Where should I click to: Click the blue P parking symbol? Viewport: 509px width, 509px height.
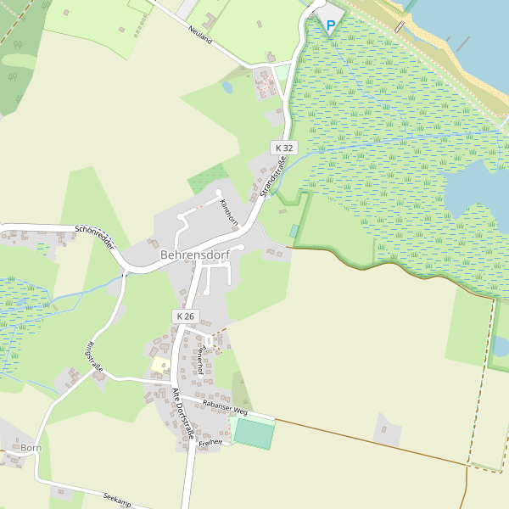[330, 25]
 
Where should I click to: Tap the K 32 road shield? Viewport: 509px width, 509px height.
[283, 148]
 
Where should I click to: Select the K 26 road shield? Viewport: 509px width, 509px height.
[184, 316]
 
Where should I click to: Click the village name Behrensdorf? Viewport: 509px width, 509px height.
[194, 254]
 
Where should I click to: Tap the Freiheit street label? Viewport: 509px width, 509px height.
[210, 443]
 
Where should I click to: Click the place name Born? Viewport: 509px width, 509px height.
[31, 447]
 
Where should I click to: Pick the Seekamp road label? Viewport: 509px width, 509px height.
[117, 500]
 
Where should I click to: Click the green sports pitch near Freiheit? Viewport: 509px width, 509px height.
[253, 433]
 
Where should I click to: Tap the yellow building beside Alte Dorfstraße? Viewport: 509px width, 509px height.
[160, 364]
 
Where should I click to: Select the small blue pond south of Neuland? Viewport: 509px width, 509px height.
[227, 87]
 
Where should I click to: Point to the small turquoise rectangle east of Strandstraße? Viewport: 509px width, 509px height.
[294, 231]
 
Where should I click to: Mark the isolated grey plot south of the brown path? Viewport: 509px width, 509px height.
[388, 429]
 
